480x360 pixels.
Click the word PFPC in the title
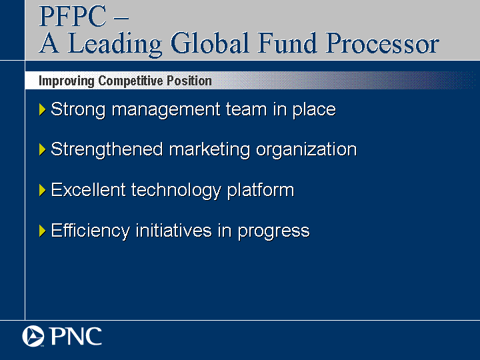pos(73,16)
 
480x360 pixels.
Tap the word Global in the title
pos(209,43)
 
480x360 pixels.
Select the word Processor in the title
pos(382,43)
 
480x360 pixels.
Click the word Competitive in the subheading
pos(131,81)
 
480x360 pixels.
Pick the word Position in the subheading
pos(189,81)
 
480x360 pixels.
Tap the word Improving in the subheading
pos(67,81)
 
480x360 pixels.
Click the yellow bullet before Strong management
pos(42,109)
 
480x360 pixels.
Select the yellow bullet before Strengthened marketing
pos(42,150)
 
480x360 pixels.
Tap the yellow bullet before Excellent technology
pos(42,190)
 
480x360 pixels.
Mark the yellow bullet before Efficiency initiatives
pos(42,231)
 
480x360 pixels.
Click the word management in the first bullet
pos(166,110)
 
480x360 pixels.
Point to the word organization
pos(307,150)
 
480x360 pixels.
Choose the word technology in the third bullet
pos(176,191)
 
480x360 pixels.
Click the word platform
pos(261,191)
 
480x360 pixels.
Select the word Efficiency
pos(90,231)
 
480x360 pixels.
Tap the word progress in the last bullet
pos(274,232)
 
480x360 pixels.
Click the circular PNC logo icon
pos(33,336)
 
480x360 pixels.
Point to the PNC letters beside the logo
pos(75,336)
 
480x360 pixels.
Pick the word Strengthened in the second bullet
pos(107,150)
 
